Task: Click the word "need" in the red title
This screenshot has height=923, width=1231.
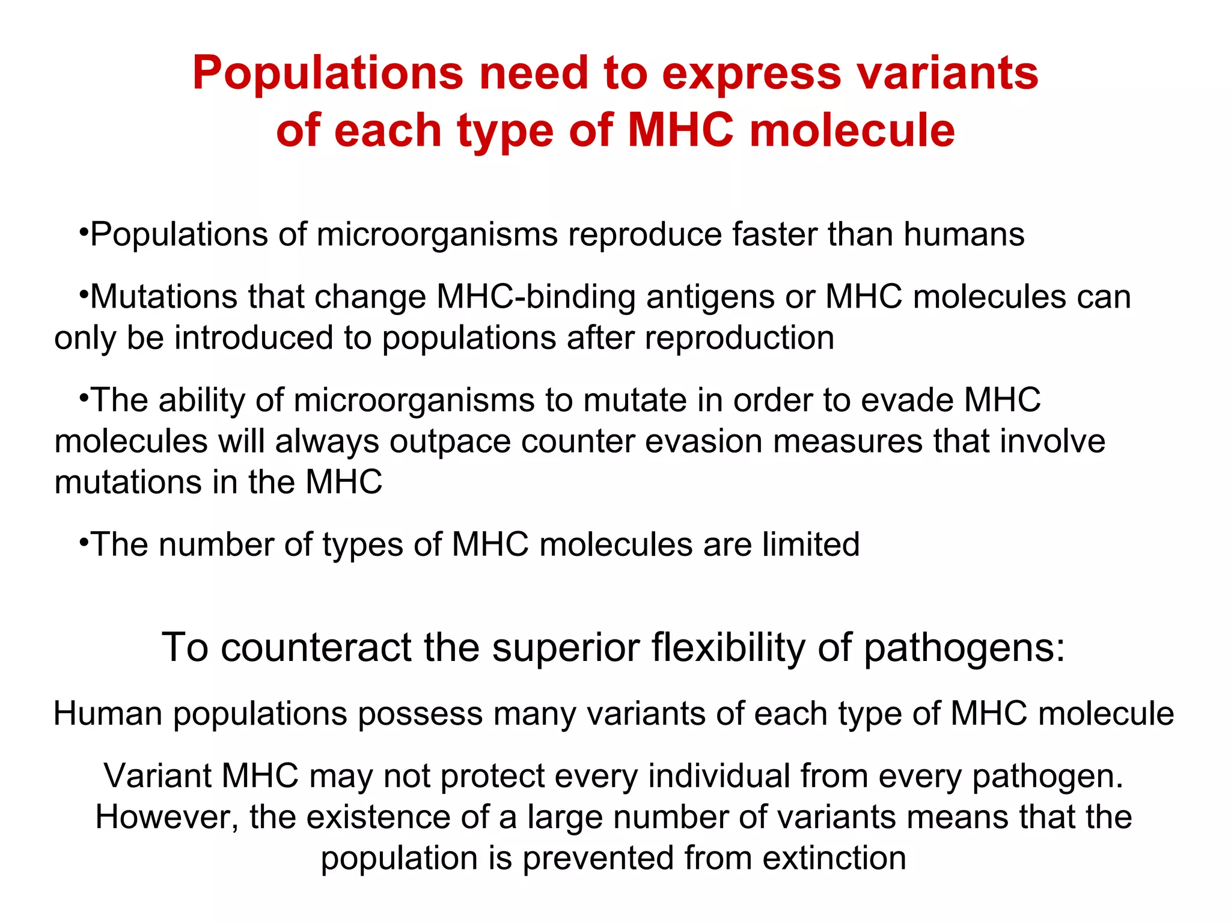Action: tap(534, 73)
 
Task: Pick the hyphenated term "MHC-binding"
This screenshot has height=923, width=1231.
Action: tap(536, 297)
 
